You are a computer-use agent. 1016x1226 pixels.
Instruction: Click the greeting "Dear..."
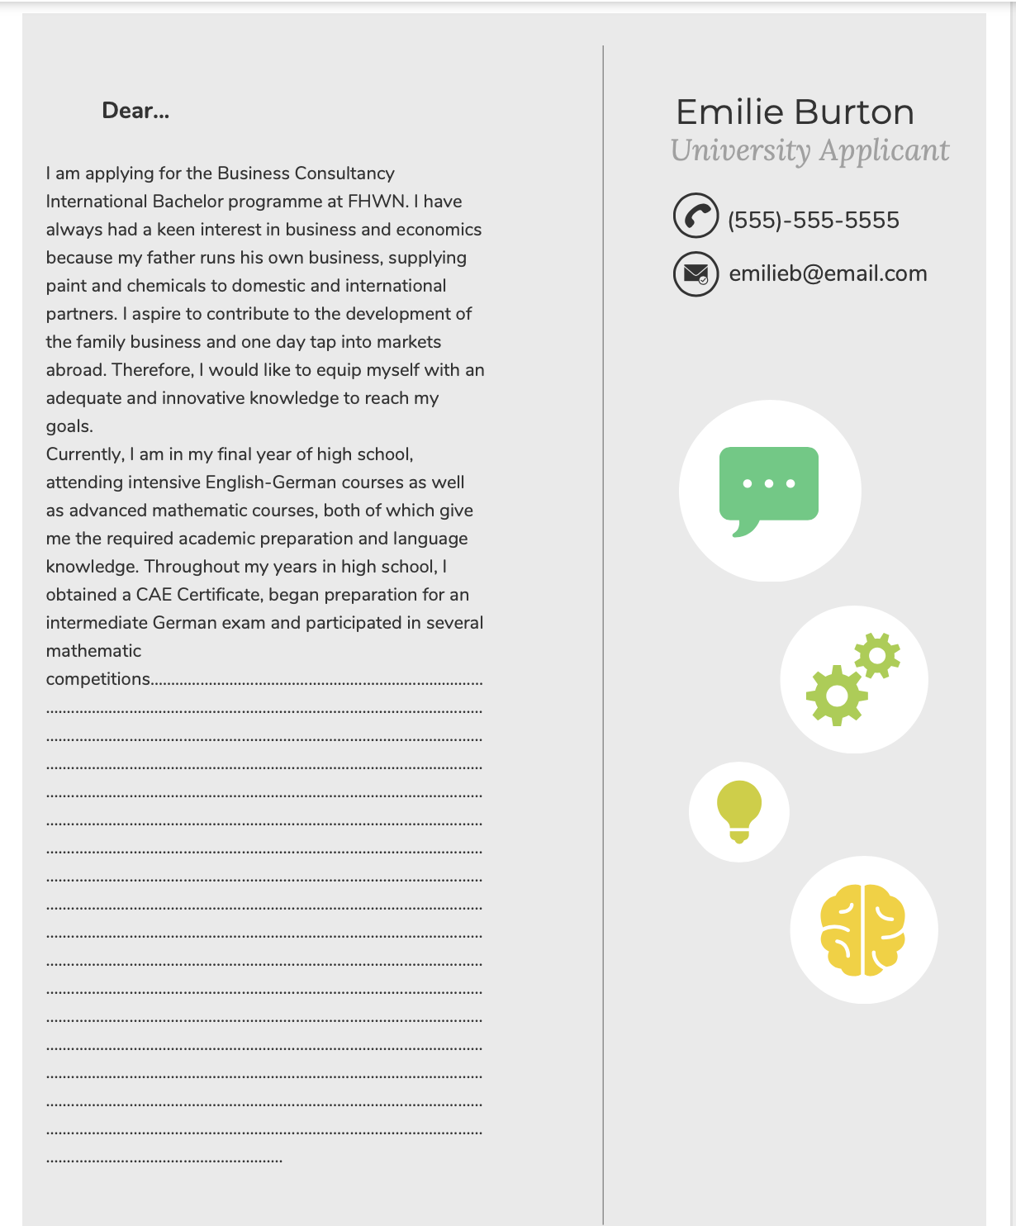[x=135, y=111]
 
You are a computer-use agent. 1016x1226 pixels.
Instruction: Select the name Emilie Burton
[x=795, y=112]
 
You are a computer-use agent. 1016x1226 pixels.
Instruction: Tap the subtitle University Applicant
[x=809, y=150]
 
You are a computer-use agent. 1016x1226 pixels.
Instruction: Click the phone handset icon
[x=696, y=216]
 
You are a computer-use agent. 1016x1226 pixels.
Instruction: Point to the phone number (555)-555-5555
[x=813, y=220]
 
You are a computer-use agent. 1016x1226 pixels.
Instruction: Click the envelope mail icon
[x=696, y=273]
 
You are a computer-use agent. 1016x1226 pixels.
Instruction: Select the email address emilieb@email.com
[x=828, y=273]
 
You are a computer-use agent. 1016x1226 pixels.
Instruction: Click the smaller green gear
[x=877, y=655]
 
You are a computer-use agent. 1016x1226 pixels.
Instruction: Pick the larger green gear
[x=837, y=695]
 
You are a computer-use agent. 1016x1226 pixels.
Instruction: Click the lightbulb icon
[x=739, y=810]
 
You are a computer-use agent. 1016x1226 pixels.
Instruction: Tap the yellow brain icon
[x=862, y=929]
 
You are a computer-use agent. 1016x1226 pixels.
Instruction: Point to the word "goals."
[x=69, y=426]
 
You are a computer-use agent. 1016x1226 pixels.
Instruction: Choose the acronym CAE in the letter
[x=154, y=595]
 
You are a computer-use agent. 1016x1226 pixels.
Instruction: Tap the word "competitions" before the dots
[x=98, y=679]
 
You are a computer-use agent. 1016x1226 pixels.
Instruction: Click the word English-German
[x=271, y=482]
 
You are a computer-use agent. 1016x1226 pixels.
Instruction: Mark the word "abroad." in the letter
[x=76, y=370]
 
